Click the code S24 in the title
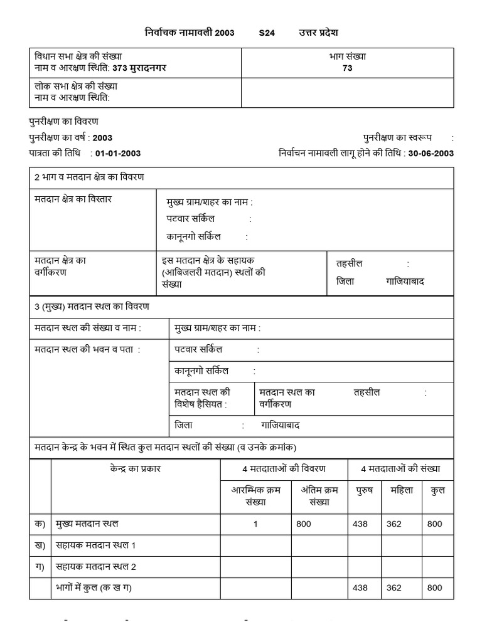[267, 33]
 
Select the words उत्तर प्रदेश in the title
[318, 33]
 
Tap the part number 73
[347, 68]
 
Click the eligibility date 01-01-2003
[118, 154]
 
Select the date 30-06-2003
[431, 154]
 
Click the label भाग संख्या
[347, 56]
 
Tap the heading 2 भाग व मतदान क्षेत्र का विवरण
[89, 177]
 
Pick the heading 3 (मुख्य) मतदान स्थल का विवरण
[92, 306]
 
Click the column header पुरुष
[364, 490]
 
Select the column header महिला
[402, 490]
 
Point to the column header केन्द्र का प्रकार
[135, 468]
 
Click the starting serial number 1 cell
[255, 524]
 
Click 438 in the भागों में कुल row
[360, 587]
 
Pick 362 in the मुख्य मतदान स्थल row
[394, 524]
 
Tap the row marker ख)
[40, 545]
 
